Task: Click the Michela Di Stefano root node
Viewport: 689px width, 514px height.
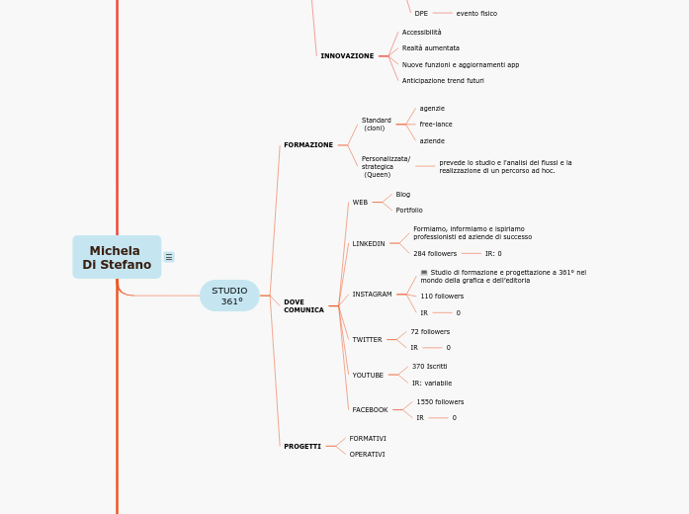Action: click(117, 257)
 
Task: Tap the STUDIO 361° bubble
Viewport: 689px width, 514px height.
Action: click(229, 296)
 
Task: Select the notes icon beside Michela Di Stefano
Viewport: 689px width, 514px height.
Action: click(169, 257)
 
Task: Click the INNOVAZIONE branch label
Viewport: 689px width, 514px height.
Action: click(347, 56)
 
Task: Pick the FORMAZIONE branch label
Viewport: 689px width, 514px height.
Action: click(308, 145)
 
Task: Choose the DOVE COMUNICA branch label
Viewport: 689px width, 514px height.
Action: click(303, 306)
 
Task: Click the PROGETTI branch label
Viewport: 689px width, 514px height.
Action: click(302, 447)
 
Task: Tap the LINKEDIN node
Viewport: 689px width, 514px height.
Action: click(369, 243)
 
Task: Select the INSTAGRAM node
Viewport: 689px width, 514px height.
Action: click(372, 295)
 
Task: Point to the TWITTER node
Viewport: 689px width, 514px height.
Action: click(367, 340)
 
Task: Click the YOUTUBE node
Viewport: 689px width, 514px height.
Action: click(368, 376)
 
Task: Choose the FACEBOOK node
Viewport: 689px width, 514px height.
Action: click(370, 409)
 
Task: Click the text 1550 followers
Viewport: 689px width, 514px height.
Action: click(440, 402)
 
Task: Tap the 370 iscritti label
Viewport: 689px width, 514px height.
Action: click(429, 367)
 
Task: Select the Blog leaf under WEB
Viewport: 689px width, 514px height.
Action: click(403, 195)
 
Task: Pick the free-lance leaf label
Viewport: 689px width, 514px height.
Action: click(436, 125)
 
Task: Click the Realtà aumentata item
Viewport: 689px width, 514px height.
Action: click(431, 48)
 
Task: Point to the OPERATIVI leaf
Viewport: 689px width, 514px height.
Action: click(368, 455)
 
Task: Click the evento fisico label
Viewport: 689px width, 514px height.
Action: click(476, 14)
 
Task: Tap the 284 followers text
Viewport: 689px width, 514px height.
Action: click(435, 254)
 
